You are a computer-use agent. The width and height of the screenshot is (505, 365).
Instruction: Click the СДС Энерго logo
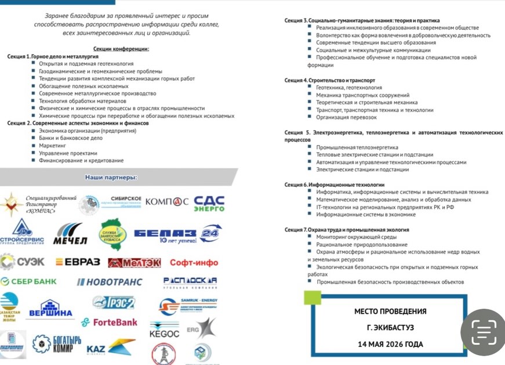pos(209,203)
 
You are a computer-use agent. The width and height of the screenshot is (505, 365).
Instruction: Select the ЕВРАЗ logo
pos(78,262)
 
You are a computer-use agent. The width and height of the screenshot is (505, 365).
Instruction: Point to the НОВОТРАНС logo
pos(110,282)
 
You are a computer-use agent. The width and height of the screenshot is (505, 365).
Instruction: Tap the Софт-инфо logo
pos(194,262)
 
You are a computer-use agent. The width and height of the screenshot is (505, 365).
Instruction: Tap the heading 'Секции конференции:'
pos(121,49)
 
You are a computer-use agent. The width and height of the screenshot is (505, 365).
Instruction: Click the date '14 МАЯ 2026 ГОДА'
pos(390,344)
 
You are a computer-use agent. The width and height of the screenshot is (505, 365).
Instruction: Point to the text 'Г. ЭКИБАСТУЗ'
pos(390,328)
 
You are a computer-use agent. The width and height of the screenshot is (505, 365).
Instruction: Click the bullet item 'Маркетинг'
pos(52,146)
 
